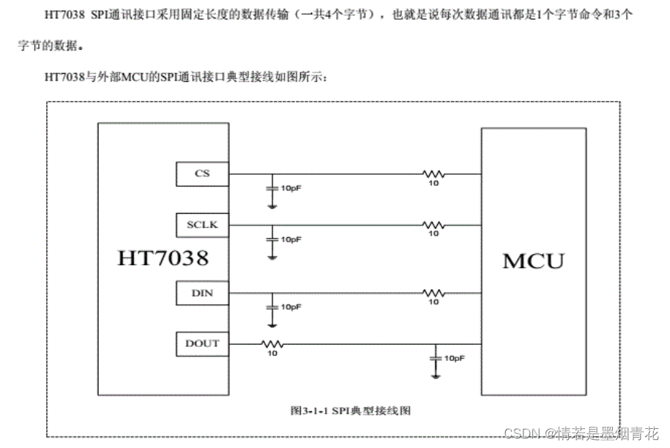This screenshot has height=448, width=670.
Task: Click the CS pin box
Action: coord(202,174)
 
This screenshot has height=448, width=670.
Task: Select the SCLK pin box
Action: coord(202,225)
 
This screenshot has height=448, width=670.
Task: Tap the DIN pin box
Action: coord(202,293)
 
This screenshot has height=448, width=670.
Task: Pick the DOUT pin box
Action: coord(202,343)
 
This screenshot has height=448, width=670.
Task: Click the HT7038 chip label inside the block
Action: coord(163,258)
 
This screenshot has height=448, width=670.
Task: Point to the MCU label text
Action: coord(534,261)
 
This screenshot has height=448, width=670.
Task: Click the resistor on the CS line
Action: coord(433,174)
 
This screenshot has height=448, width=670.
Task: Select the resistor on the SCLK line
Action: coord(433,225)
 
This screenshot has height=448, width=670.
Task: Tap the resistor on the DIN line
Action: coord(433,293)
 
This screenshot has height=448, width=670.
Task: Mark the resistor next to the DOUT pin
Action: coord(272,343)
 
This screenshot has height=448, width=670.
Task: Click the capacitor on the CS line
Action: coord(272,187)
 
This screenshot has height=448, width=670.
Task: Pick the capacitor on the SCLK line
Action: coord(272,239)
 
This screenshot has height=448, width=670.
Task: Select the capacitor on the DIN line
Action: coord(272,306)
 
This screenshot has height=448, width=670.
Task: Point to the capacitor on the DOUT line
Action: coord(436,358)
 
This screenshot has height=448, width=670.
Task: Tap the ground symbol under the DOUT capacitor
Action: coord(436,376)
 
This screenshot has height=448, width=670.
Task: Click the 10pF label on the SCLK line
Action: coord(291,239)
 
